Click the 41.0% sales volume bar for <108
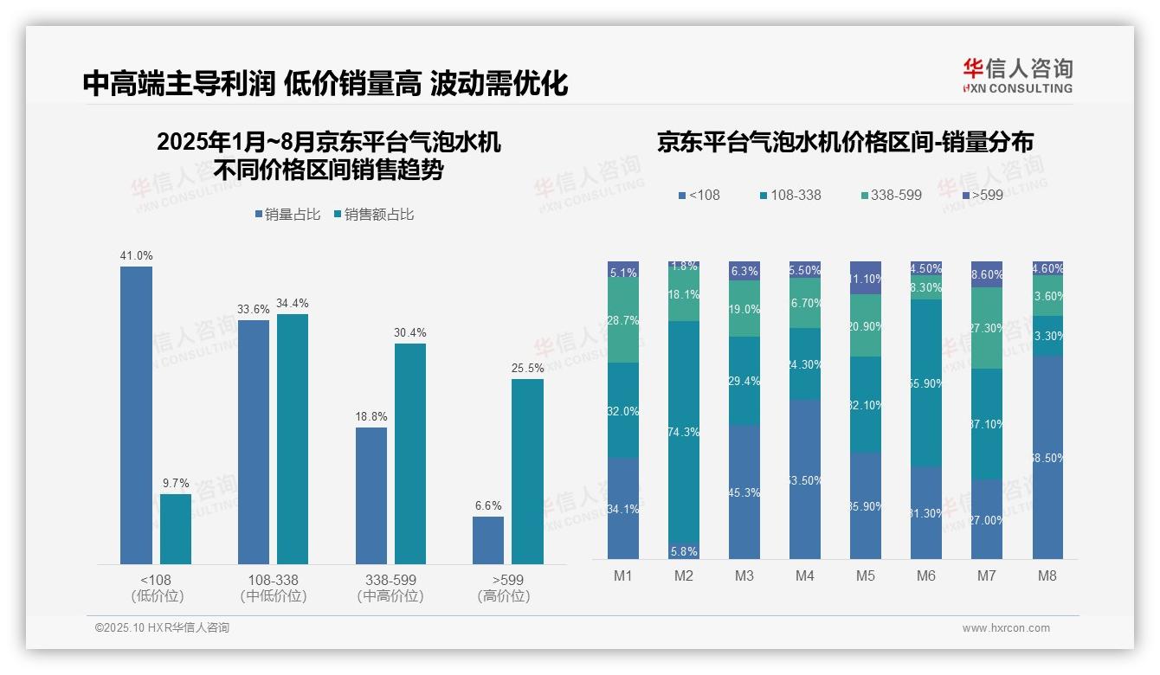136,415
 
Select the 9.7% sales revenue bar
176,529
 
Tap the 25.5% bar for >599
527,472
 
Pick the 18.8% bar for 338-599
371,496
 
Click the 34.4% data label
293,304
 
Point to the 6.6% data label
488,506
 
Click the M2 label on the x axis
684,575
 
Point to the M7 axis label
987,575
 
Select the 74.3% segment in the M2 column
684,432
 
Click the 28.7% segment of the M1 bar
623,320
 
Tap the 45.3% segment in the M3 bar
744,492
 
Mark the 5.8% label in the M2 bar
684,551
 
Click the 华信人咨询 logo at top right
1017,75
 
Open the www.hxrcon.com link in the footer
1005,628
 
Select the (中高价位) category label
390,596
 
